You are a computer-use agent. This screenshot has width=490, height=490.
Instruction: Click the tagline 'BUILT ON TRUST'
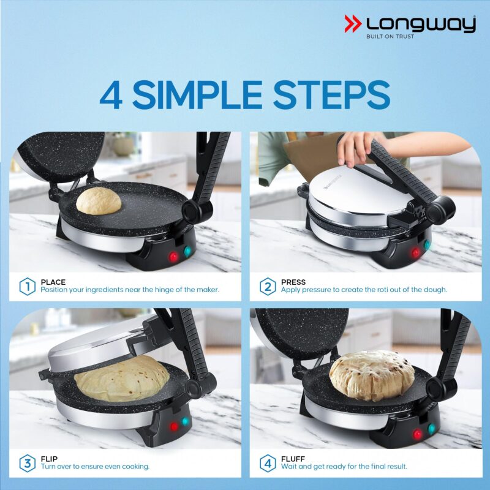click(390, 37)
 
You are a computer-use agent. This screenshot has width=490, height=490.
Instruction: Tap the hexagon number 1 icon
click(27, 286)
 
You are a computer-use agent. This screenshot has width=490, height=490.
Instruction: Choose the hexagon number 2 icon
click(268, 286)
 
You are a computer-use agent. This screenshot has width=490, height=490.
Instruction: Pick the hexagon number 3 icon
click(27, 462)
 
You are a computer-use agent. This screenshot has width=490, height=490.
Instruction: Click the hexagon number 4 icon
click(268, 462)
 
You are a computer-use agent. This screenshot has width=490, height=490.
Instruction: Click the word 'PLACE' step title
click(53, 282)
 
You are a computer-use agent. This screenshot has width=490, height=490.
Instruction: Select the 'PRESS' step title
click(293, 282)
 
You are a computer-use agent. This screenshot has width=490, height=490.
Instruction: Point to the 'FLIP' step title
click(50, 458)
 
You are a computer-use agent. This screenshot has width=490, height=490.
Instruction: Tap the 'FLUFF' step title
click(292, 458)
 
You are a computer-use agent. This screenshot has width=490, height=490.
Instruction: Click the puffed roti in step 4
click(371, 374)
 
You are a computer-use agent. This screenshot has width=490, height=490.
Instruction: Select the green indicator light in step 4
click(431, 429)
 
